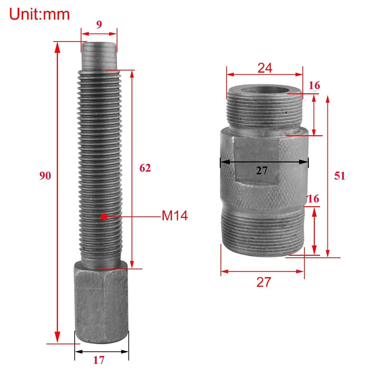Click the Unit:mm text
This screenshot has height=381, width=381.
click(40, 14)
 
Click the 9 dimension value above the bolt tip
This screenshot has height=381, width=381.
click(99, 25)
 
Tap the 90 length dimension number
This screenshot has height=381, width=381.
click(45, 176)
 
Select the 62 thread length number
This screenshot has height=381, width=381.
click(145, 168)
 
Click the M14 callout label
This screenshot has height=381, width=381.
click(175, 216)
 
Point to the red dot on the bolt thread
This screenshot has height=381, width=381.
click(104, 217)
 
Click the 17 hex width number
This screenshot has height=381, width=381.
click(99, 360)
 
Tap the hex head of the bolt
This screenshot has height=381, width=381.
click(101, 303)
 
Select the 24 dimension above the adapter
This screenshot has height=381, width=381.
click(265, 68)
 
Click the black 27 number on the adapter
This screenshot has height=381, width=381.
click(262, 171)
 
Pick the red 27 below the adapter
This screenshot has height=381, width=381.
click(264, 282)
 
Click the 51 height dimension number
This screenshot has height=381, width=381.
click(340, 176)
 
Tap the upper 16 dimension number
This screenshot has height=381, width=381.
click(314, 86)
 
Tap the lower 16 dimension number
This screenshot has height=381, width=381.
click(313, 199)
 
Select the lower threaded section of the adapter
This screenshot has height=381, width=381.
click(262, 232)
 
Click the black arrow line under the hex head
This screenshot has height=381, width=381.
click(102, 351)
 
